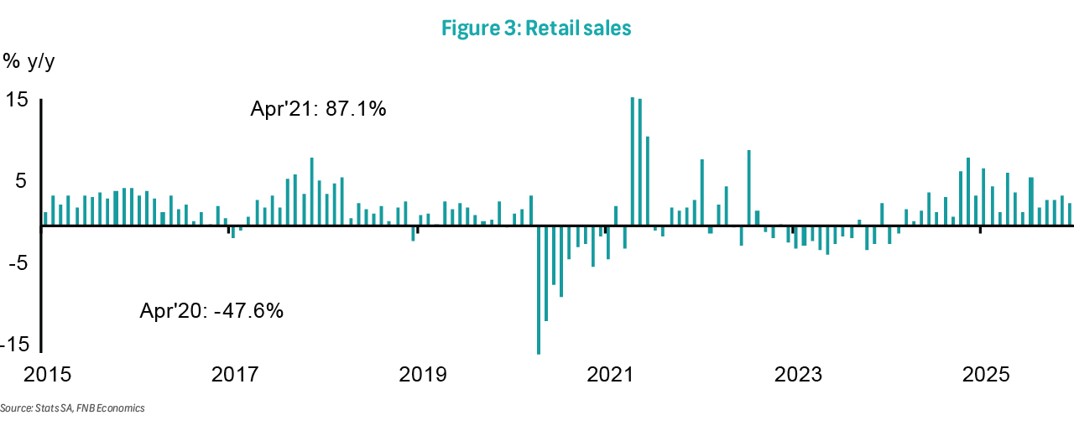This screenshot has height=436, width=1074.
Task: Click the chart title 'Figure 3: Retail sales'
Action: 536,28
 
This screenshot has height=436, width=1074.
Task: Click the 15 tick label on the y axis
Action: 18,100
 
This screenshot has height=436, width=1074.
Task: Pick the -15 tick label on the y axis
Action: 14,345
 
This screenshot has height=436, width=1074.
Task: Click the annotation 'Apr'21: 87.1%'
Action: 318,109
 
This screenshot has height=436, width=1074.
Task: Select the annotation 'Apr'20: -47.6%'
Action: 211,311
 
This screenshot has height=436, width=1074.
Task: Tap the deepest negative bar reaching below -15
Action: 538,290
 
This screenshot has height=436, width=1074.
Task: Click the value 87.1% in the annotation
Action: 357,109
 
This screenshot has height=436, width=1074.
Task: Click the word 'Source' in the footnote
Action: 15,408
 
